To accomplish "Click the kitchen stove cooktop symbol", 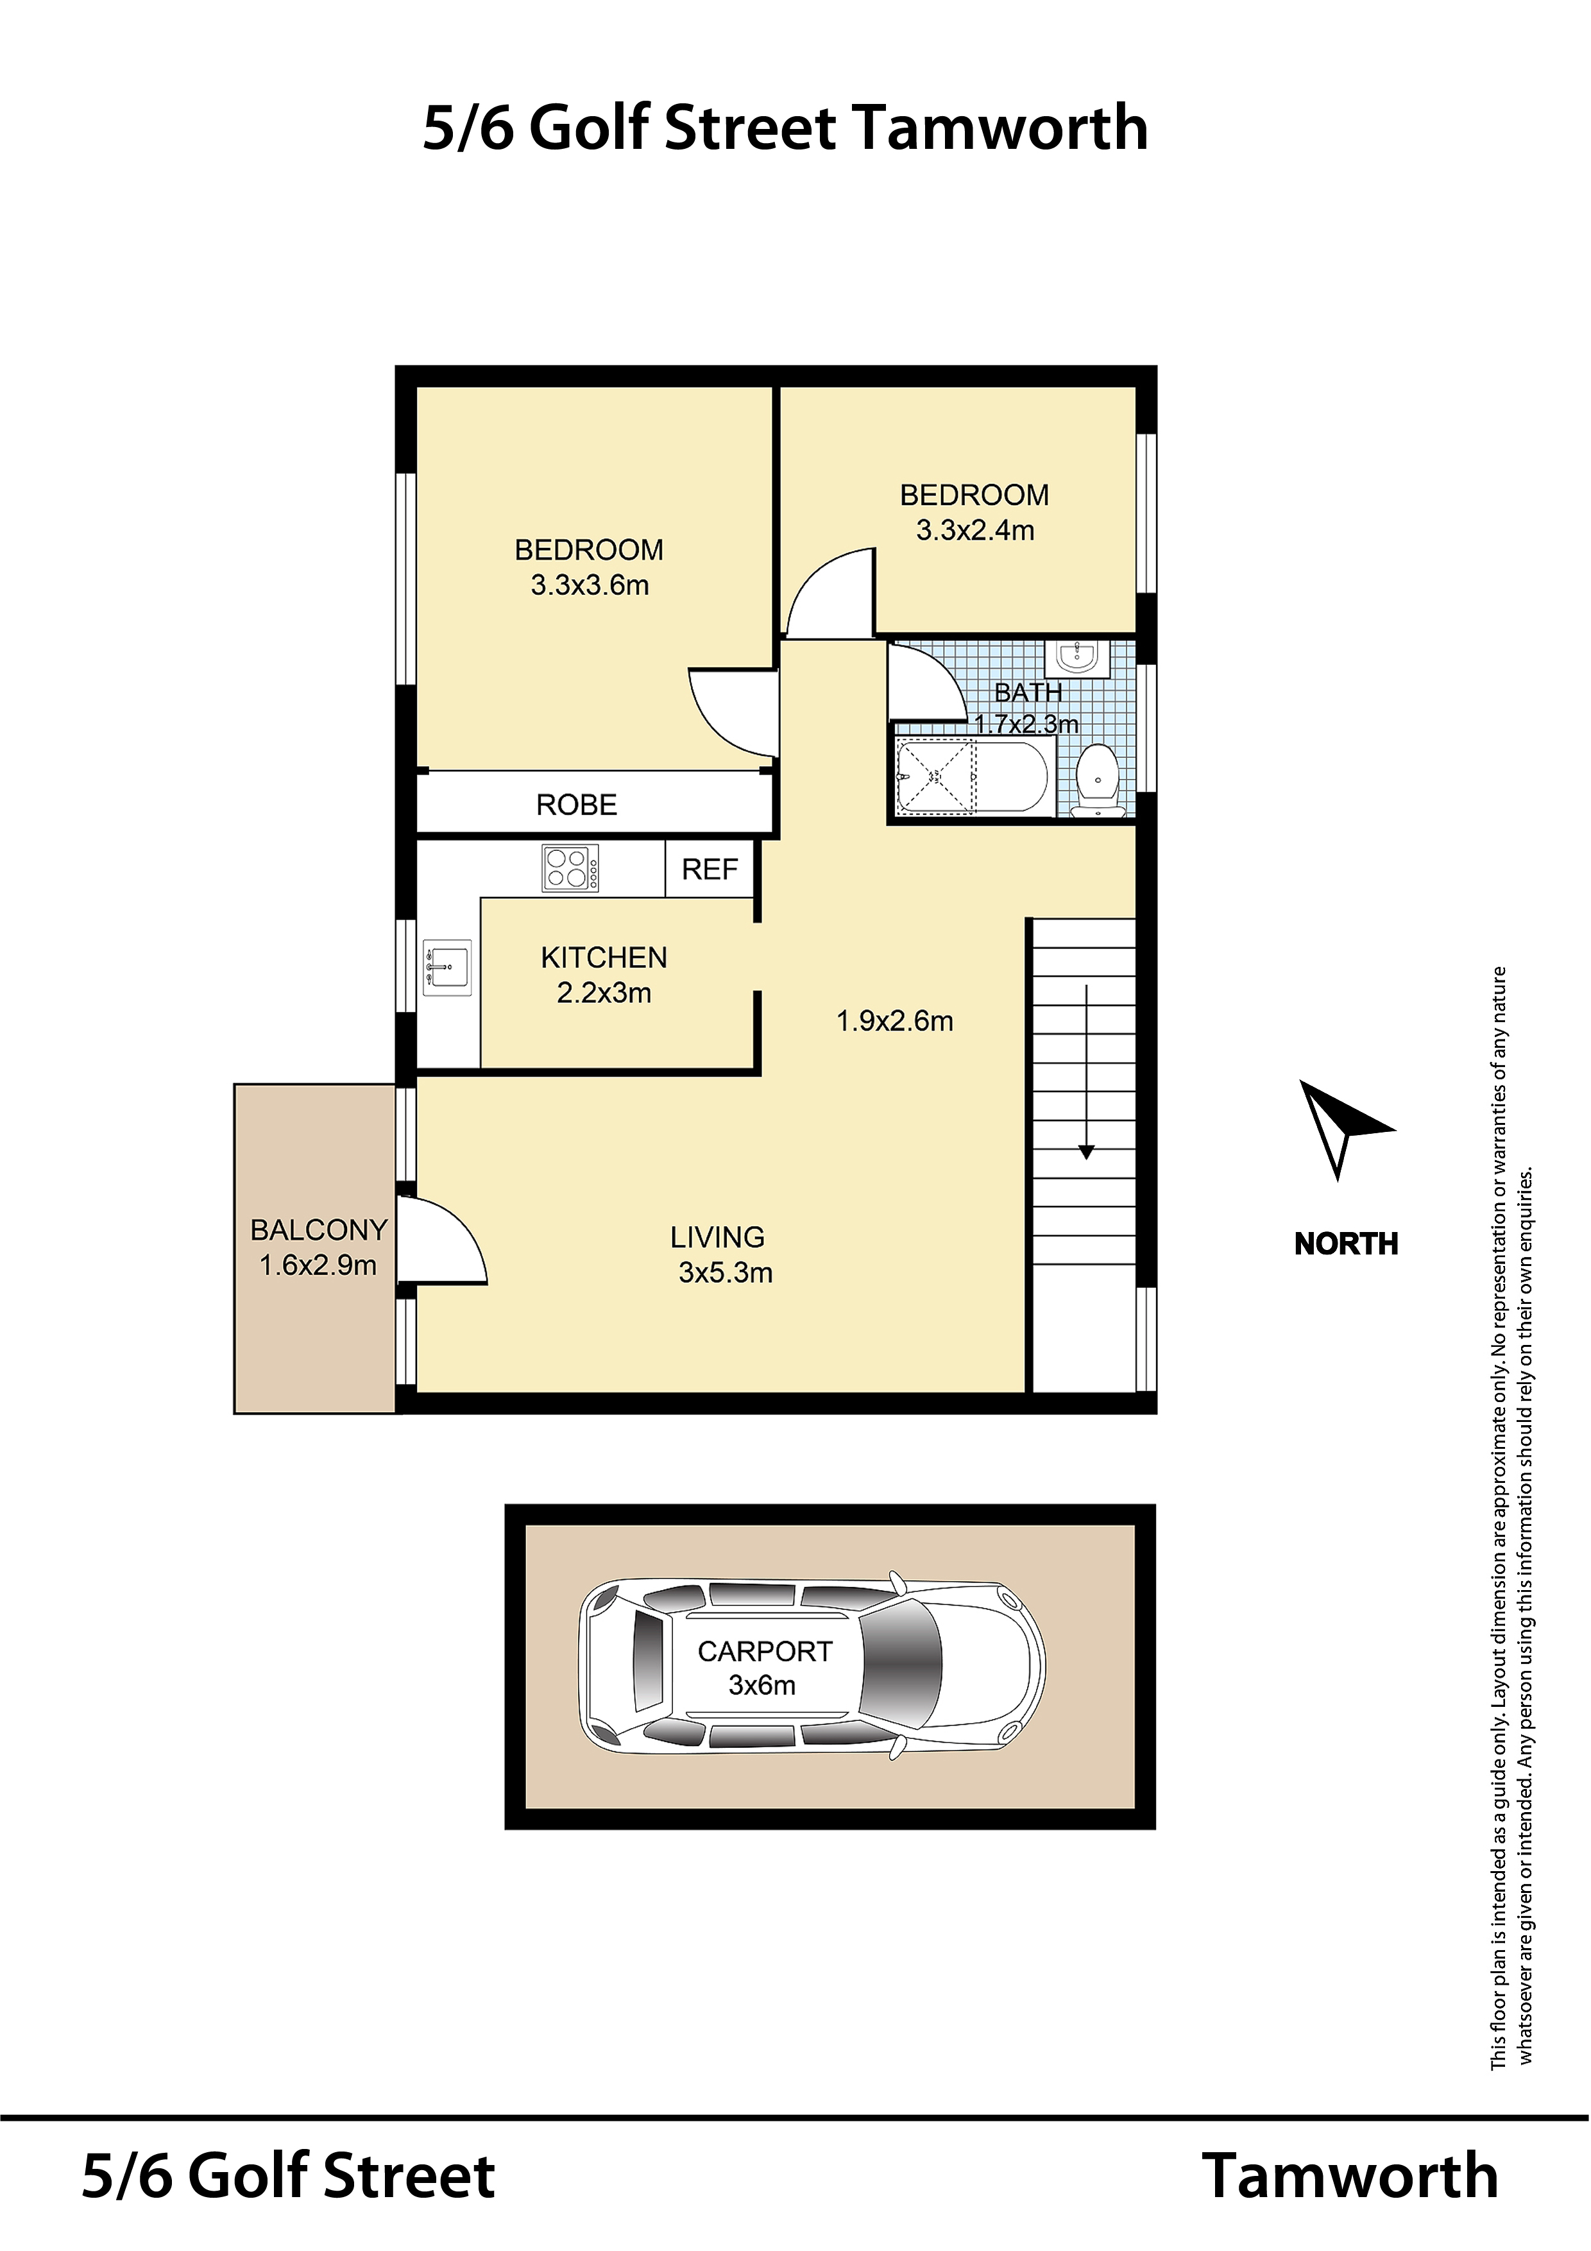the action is [x=570, y=869].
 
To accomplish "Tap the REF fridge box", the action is [x=710, y=869].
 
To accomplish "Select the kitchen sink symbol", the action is [x=447, y=968].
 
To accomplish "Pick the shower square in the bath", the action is [x=937, y=778].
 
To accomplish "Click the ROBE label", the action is [x=576, y=805].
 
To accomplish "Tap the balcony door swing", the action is [x=443, y=1240].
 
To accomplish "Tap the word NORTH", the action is [x=1346, y=1243].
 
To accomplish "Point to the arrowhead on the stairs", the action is [x=1086, y=1152].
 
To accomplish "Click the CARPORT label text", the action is [x=765, y=1652].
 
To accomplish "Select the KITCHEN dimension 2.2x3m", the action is [x=604, y=993].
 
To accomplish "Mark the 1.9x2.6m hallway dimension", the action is [x=894, y=1022].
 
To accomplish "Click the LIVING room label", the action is [x=718, y=1237].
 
